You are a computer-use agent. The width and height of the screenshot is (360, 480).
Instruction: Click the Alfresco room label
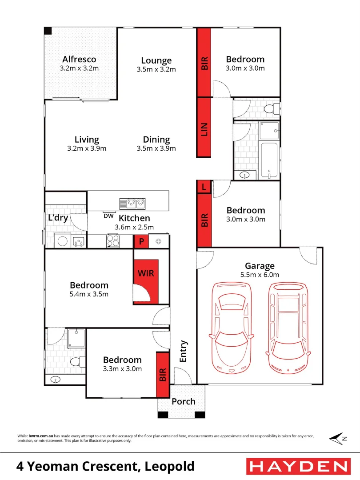79,59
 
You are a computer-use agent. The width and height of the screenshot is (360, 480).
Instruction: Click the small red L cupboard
204,187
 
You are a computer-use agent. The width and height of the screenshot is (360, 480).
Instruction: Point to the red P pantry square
141,242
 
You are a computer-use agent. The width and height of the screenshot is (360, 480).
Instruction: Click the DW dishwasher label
108,216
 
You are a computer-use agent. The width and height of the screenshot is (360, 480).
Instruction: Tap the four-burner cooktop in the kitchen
113,241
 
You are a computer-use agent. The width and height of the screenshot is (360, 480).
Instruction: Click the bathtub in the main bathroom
269,160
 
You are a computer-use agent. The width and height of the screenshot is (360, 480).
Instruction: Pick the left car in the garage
232,327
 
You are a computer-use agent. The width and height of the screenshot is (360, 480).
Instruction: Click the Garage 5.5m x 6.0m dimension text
260,275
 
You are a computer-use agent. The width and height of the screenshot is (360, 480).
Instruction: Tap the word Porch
184,401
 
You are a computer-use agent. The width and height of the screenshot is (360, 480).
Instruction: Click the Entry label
184,351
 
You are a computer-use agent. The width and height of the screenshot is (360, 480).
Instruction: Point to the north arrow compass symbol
338,438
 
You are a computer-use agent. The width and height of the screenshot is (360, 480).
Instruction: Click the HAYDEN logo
298,466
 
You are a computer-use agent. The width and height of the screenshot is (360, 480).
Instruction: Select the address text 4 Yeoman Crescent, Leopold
105,466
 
